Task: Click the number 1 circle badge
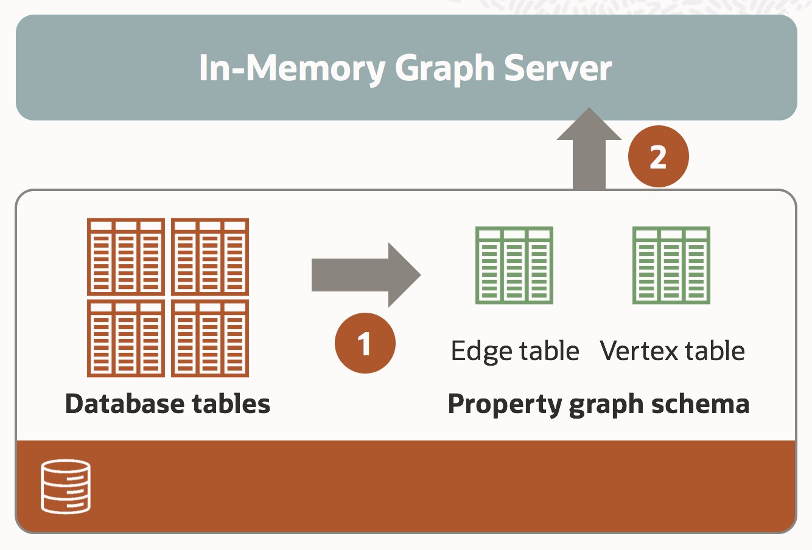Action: pos(365,343)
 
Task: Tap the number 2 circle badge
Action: pos(658,156)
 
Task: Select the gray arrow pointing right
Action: pos(366,275)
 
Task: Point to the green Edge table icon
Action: pos(514,265)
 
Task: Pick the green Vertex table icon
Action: pos(671,265)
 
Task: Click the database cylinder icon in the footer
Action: pos(66,486)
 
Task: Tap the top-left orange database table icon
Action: pos(126,256)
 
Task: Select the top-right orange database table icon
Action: pos(210,256)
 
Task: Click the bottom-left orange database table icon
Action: pos(126,338)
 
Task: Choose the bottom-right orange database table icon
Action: pos(210,338)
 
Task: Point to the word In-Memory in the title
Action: pos(292,68)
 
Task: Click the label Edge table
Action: pos(515,352)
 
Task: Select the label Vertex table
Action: pos(672,351)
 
